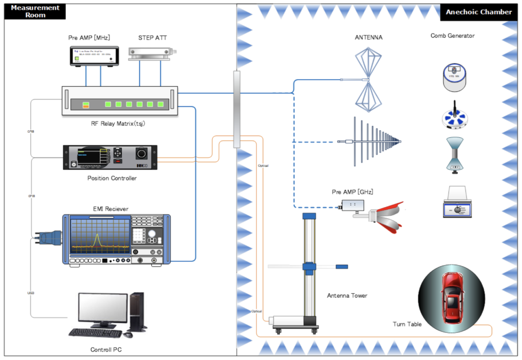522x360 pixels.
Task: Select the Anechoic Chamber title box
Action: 478,12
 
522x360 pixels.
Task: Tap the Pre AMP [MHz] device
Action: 95,56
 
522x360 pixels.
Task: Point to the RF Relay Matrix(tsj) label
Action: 120,123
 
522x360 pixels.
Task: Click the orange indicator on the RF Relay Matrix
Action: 86,105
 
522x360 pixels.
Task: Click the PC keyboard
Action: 95,332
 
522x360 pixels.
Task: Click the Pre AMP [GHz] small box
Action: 352,205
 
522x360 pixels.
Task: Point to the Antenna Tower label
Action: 347,295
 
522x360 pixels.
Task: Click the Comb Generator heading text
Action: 452,36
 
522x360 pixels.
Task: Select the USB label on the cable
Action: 31,293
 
